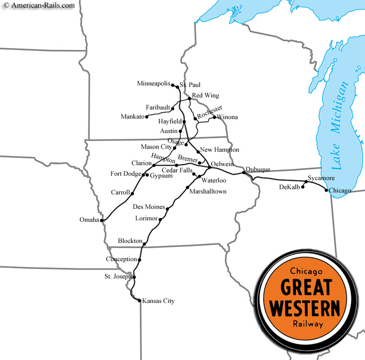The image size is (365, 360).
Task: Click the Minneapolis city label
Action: coord(154,84)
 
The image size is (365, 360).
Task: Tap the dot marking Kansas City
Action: coord(139,301)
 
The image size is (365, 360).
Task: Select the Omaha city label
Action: coord(89,220)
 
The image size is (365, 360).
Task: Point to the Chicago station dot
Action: coord(327,191)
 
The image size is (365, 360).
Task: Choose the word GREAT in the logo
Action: coord(305,287)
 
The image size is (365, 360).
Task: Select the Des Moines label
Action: coord(148,207)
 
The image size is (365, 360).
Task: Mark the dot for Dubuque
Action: coord(243,172)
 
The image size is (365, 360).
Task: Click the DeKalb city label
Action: coord(289,187)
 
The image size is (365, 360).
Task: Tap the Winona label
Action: coord(227,117)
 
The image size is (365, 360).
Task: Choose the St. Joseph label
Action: coord(119,277)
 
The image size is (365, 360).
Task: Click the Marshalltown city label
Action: coord(207,191)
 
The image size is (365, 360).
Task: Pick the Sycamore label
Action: coord(321,178)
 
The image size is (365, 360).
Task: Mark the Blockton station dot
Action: coord(145,244)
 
